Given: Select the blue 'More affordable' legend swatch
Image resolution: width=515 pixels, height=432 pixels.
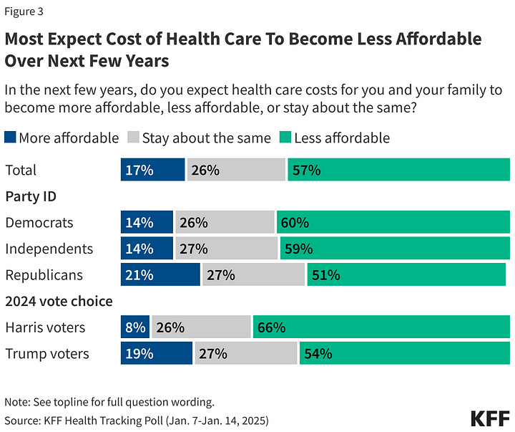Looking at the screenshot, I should [10, 138].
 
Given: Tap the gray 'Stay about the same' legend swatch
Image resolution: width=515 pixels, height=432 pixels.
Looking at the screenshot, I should [133, 138].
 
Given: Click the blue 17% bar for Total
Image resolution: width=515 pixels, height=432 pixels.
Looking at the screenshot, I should [152, 171].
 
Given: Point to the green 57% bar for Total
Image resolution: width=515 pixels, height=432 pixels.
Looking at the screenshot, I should [398, 171].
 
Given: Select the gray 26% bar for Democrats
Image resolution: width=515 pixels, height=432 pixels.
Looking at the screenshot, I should [225, 222].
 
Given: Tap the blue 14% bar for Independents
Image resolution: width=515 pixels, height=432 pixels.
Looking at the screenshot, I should [147, 249].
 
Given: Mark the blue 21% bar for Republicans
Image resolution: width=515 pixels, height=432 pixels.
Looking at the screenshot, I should [160, 275].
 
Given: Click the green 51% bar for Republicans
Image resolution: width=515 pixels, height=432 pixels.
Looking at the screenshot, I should [406, 275].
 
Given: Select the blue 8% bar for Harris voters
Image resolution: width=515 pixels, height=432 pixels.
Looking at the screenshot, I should [134, 327].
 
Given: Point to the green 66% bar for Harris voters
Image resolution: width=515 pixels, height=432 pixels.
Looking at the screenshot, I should [381, 327].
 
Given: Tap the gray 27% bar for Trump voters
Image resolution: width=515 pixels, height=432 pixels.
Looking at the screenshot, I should [246, 353].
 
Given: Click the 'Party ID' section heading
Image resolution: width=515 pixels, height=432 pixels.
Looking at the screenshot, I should [31, 196].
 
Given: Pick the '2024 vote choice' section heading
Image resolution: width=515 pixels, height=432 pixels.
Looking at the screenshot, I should [59, 302].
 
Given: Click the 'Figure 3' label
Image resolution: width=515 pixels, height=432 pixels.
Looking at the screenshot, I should [27, 11].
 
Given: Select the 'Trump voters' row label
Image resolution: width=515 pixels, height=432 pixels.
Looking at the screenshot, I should [47, 353].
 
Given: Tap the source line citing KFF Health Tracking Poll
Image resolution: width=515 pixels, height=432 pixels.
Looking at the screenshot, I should [136, 418].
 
